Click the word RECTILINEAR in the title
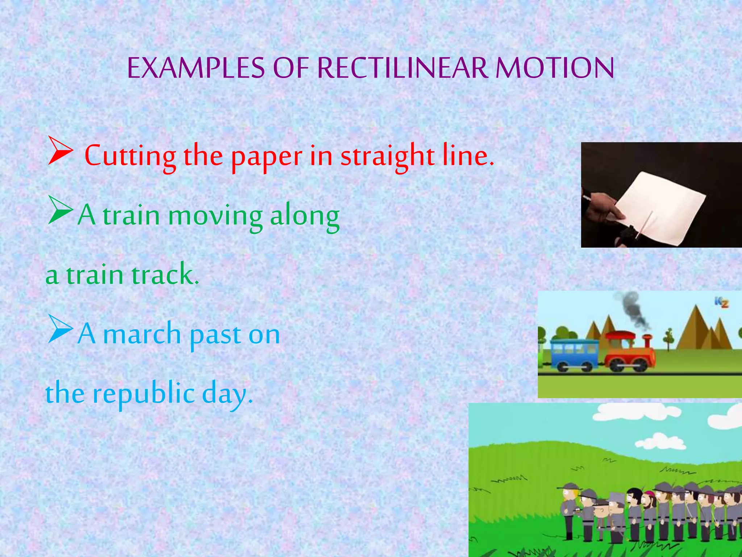[403, 68]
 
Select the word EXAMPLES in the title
[196, 68]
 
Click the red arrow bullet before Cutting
[60, 152]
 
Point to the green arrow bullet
[60, 210]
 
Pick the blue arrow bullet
[60, 329]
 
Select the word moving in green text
[215, 216]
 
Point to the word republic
[144, 394]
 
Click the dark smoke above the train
[632, 308]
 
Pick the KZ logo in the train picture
[721, 302]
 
